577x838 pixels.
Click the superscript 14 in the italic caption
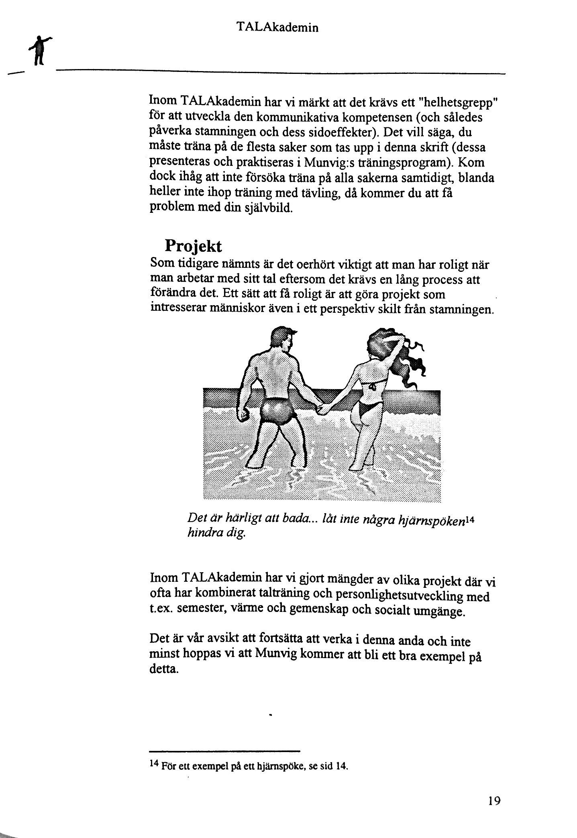coord(470,518)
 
